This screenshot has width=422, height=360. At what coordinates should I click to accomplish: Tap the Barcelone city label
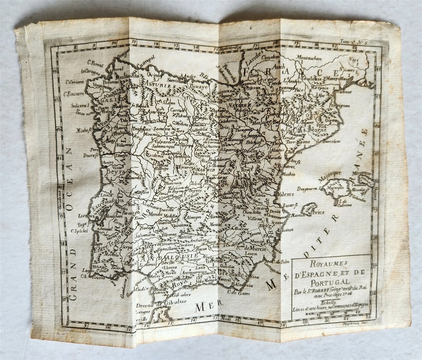point(331,142)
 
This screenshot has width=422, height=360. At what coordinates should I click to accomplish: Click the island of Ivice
point(309,209)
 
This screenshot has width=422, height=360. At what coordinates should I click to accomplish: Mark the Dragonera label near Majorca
point(307,188)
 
